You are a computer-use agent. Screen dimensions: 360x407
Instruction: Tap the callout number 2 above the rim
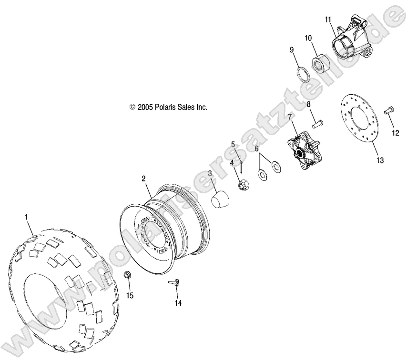[143, 179]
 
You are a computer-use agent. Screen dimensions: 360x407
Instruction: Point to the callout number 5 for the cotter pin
[234, 144]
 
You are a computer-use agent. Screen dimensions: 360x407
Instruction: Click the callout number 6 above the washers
[257, 149]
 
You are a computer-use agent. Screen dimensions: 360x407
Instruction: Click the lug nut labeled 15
[127, 275]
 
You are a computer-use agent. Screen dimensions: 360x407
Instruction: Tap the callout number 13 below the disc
[379, 161]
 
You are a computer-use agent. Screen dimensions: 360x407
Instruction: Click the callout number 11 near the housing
[328, 19]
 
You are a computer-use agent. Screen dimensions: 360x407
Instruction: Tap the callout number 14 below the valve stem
[178, 302]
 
